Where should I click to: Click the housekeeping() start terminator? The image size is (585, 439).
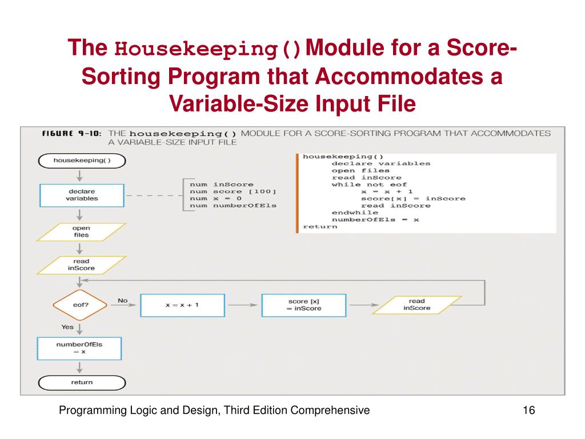(82, 161)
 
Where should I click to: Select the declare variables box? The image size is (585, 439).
(82, 195)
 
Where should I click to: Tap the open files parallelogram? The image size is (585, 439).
(81, 232)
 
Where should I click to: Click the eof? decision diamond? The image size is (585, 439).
(80, 305)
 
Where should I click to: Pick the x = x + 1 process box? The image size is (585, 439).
(182, 305)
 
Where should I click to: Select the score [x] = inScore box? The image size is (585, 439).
(304, 305)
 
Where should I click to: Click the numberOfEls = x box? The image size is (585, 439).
(79, 348)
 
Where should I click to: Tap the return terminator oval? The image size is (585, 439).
(82, 382)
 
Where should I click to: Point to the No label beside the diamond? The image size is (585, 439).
(123, 301)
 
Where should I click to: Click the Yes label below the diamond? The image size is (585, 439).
(67, 327)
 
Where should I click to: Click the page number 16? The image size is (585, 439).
(528, 410)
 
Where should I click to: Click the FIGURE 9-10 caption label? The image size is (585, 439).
(71, 134)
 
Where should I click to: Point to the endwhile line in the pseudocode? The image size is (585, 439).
(355, 213)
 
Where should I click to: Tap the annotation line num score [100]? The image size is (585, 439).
(233, 191)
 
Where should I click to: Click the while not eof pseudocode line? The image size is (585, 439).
(369, 185)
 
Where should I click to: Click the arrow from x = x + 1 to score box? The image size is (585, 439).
(243, 305)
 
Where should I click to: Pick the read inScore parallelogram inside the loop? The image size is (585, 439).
(416, 305)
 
